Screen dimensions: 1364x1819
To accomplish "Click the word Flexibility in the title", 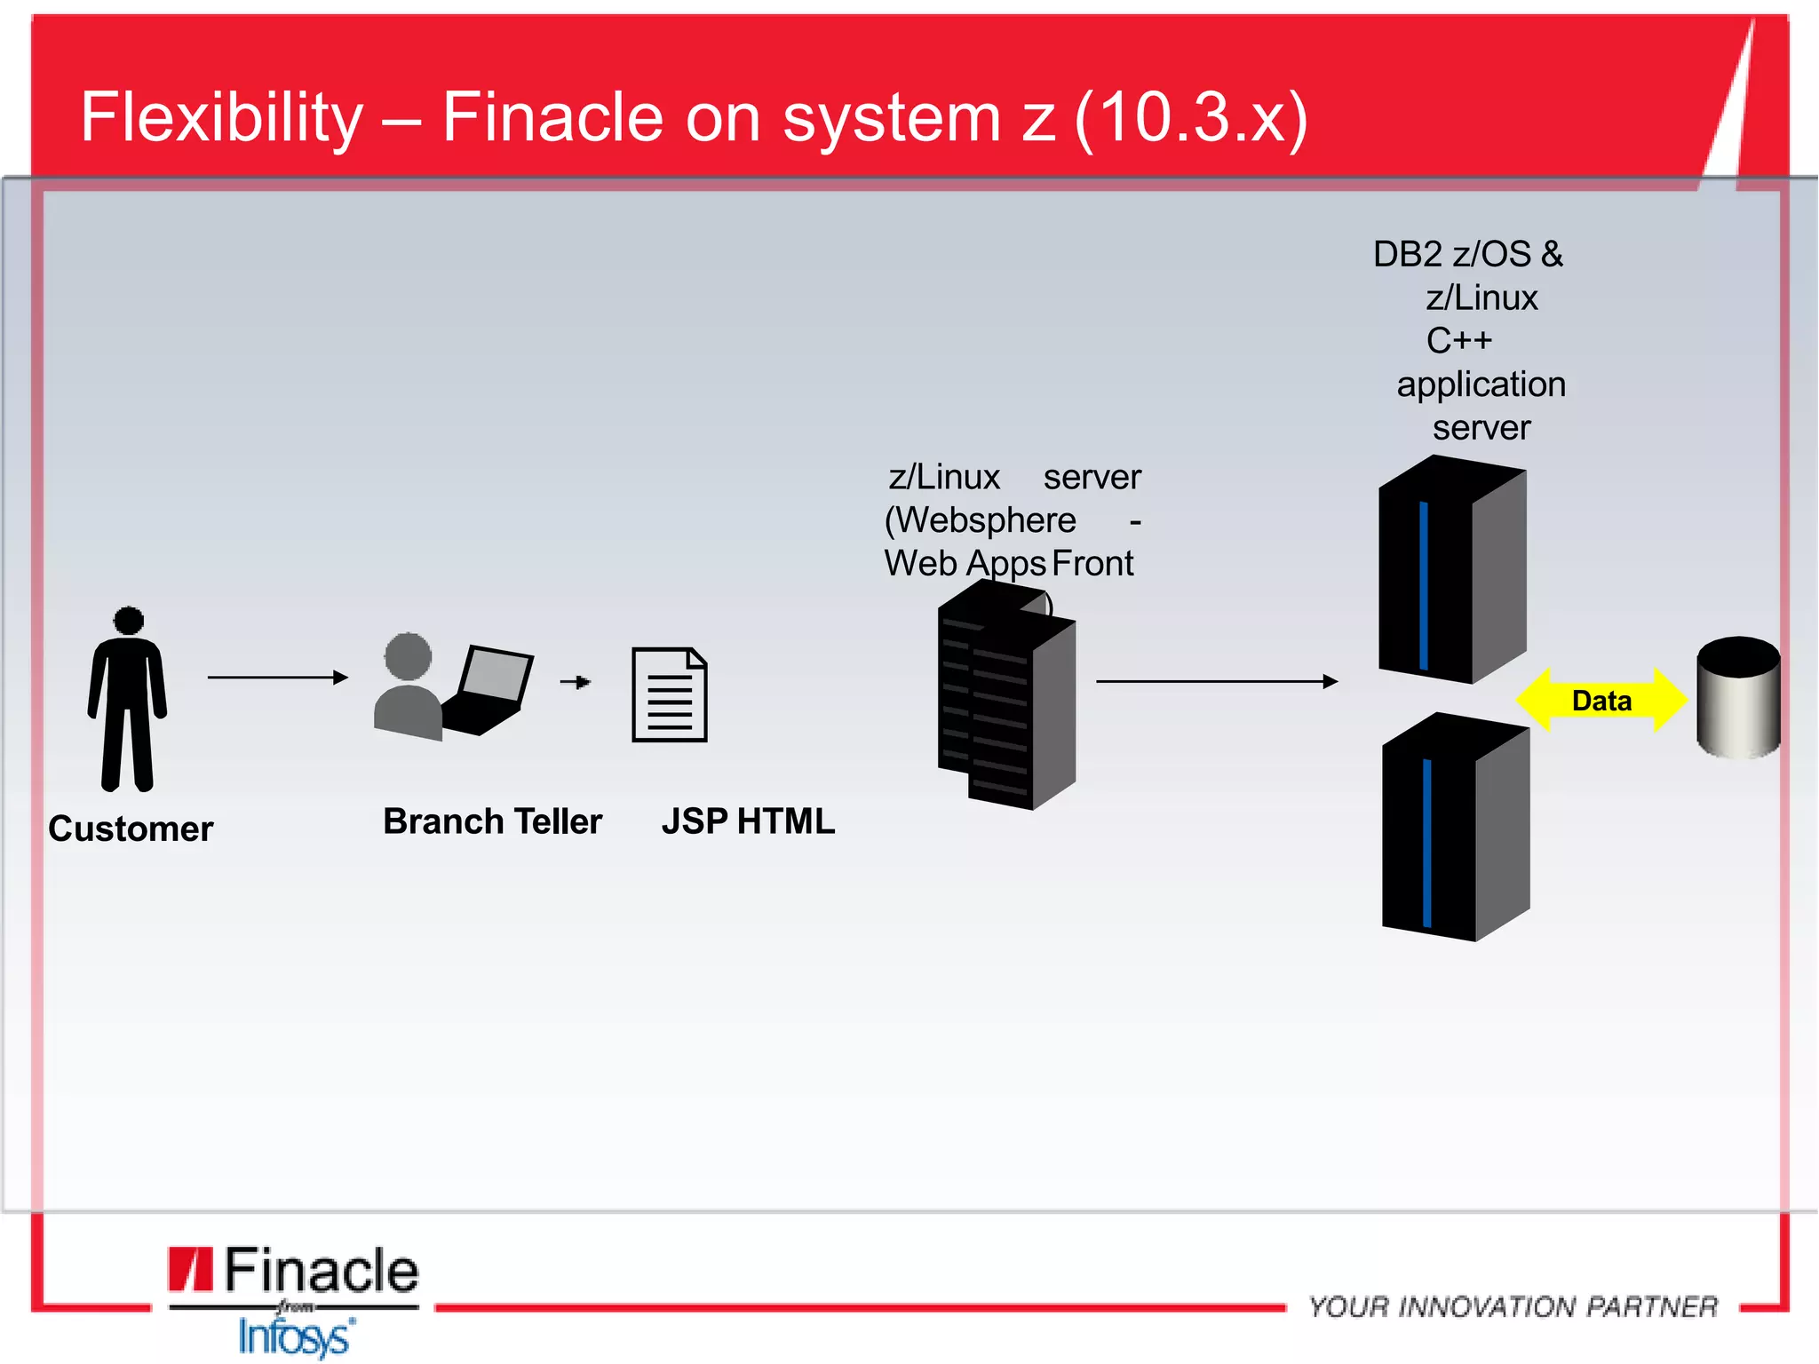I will tap(222, 117).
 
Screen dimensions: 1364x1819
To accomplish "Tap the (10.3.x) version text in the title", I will tap(1190, 117).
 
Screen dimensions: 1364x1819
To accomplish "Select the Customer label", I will tap(131, 829).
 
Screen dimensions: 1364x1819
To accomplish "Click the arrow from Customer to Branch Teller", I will tap(277, 678).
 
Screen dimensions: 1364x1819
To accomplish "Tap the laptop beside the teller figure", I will tap(489, 691).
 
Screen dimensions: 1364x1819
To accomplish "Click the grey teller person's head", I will tap(408, 657).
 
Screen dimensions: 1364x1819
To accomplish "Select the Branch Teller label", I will tap(492, 821).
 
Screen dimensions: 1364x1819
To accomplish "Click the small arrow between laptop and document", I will tap(576, 682).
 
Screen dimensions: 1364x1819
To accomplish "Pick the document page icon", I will tap(670, 695).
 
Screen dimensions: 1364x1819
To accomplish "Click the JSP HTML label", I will tap(748, 821).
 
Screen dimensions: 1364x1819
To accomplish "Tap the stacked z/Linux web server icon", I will tap(1006, 697).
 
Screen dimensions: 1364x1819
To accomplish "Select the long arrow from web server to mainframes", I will tap(1217, 681).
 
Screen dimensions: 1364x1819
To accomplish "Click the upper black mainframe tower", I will tap(1450, 573).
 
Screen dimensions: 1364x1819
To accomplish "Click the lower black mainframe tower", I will tap(1454, 830).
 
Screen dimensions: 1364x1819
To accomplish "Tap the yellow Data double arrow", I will tap(1601, 701).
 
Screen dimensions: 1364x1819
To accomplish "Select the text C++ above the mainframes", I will tap(1458, 341).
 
